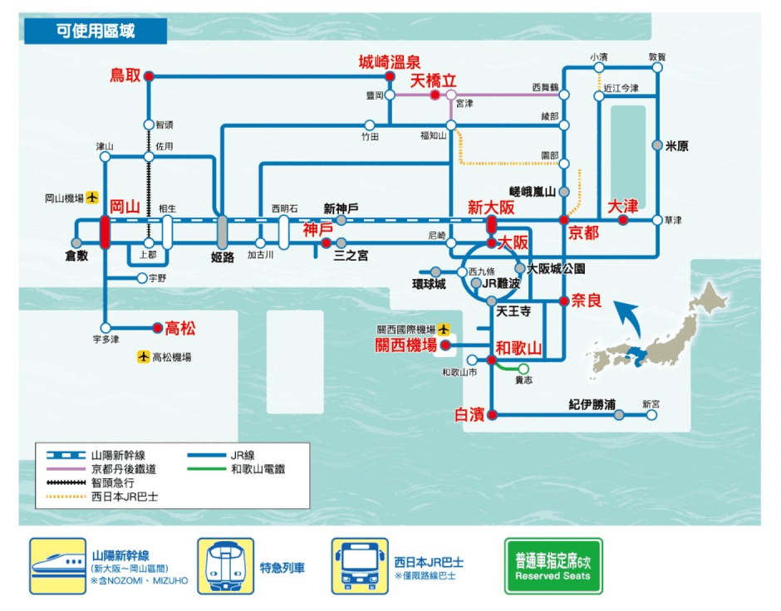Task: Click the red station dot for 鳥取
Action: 149,76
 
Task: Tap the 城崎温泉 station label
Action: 390,61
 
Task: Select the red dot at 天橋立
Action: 435,95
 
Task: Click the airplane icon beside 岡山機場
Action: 92,198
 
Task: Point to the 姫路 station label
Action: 222,257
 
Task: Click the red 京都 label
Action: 583,232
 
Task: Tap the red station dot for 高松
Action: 157,328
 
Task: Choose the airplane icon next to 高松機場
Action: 144,357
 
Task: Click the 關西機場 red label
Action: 406,345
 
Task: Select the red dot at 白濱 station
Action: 492,415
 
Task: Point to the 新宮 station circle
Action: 651,415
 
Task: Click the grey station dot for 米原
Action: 657,145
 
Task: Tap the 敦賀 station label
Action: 657,56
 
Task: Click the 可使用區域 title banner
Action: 96,31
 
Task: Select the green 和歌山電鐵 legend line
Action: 207,469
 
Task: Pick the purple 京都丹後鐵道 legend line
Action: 66,469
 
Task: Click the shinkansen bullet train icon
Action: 58,566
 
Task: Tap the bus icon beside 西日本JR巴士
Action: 360,566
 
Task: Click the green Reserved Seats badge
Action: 553,566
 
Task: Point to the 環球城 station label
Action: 429,284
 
